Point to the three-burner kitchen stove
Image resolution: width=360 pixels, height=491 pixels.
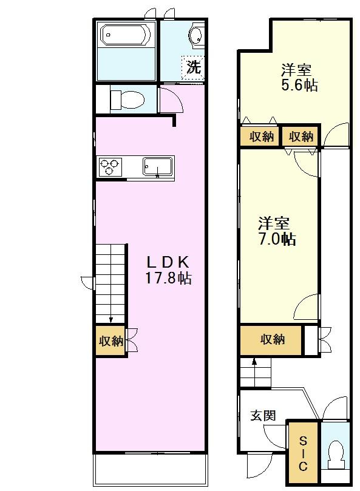(x=110, y=166)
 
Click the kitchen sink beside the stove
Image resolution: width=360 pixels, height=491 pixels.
(x=158, y=166)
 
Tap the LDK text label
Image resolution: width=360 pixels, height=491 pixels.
(x=168, y=263)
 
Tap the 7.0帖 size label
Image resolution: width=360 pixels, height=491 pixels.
(x=276, y=239)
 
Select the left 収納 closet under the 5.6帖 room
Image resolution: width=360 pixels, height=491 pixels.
(x=261, y=137)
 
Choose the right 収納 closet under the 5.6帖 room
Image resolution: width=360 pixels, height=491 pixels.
(x=302, y=137)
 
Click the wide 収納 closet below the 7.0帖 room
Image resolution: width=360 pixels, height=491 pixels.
(x=272, y=340)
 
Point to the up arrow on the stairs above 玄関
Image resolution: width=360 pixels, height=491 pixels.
(x=254, y=362)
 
